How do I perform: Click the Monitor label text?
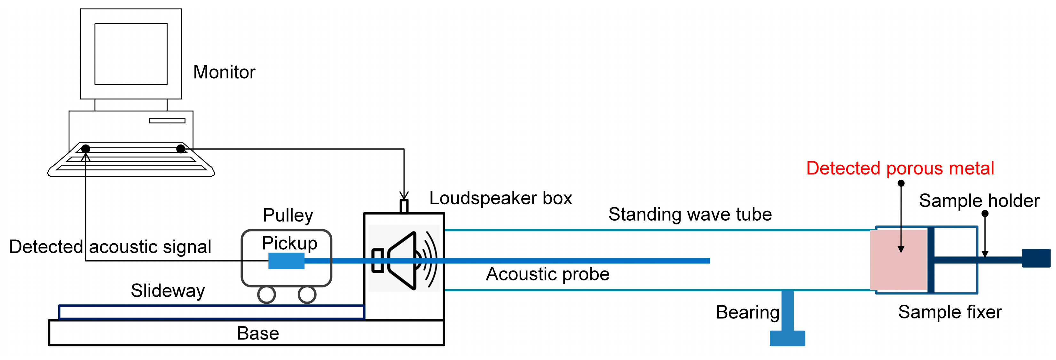224,72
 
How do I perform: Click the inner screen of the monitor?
131,54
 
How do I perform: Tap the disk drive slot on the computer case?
167,121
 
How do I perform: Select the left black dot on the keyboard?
86,148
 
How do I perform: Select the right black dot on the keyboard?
180,148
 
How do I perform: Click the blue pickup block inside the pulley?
286,261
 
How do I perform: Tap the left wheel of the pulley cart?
266,294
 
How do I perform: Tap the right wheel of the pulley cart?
307,294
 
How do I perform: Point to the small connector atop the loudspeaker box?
404,206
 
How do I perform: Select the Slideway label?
168,291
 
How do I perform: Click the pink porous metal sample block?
898,260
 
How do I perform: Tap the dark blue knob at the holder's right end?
1036,258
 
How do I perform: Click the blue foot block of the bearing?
787,338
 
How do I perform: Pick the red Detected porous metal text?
900,168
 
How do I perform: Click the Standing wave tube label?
690,214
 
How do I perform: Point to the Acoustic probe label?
547,274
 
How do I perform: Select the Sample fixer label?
950,312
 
